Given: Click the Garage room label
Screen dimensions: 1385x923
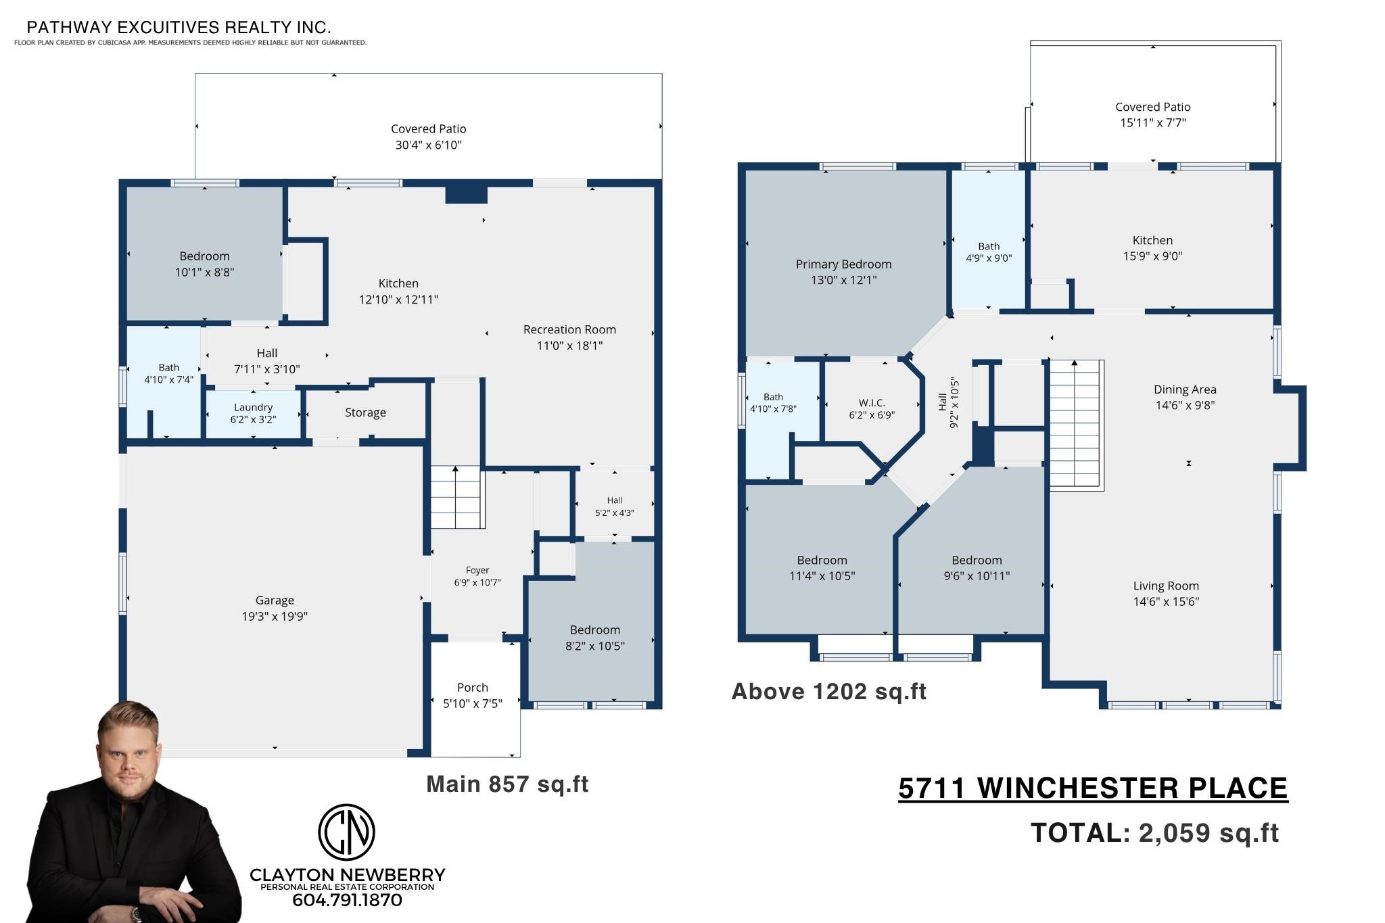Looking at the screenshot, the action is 275,600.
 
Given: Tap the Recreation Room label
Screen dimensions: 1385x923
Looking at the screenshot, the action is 569,330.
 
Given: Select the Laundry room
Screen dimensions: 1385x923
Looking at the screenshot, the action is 253,414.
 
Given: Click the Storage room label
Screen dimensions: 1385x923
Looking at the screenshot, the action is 365,412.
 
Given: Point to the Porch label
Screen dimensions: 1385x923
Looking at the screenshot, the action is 472,688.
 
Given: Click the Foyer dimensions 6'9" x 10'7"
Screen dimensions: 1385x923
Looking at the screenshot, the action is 477,583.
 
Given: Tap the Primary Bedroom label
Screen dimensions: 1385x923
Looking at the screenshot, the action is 843,264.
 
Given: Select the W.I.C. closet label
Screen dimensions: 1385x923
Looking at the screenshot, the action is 872,403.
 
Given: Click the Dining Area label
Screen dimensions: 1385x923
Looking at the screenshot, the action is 1185,389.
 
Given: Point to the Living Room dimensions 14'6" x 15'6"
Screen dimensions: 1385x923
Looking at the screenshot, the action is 1166,602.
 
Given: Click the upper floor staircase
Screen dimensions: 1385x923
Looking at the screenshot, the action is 1076,425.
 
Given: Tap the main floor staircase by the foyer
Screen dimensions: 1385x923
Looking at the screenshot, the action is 457,497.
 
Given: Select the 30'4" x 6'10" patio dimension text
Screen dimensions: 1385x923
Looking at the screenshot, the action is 429,145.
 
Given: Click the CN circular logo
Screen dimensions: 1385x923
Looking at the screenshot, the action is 346,832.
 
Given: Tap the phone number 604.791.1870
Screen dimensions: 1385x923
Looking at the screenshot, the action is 347,900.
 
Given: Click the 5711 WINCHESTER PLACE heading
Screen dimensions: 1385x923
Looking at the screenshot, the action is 1093,788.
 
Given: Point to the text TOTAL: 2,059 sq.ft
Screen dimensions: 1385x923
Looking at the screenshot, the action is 1154,833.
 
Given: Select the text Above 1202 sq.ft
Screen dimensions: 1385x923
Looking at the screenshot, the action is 829,692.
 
